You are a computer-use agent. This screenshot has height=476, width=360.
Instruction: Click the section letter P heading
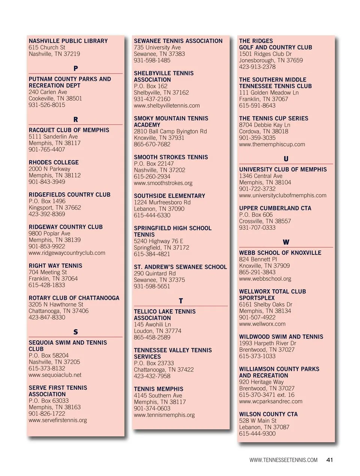click(76, 68)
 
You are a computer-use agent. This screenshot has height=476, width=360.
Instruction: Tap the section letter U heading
click(286, 159)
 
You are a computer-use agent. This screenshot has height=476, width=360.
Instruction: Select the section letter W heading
click(286, 242)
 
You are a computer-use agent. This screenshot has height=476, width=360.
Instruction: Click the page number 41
click(330, 460)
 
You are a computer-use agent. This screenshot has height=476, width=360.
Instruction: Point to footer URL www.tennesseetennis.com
click(283, 460)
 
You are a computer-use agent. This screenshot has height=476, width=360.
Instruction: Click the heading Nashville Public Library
click(68, 41)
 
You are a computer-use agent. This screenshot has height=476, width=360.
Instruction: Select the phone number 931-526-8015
click(47, 105)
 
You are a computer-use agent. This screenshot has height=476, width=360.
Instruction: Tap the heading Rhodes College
click(54, 162)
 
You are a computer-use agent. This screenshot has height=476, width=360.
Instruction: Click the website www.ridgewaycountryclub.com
click(67, 253)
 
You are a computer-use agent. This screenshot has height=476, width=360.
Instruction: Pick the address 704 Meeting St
click(48, 272)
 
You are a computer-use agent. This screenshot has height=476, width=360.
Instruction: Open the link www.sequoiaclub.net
click(55, 375)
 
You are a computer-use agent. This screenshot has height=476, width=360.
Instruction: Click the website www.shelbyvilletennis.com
click(166, 105)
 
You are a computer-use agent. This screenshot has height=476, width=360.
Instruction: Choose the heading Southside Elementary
click(169, 196)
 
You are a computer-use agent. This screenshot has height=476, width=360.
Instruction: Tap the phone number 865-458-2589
click(152, 337)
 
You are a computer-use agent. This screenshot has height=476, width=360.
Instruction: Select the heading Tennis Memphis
click(159, 389)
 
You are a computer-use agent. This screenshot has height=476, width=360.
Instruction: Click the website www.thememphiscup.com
click(272, 144)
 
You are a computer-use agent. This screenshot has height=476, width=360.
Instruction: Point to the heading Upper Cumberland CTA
click(275, 208)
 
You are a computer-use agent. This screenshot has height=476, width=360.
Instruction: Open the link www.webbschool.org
click(265, 278)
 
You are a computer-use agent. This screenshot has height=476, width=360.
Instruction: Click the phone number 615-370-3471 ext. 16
click(267, 395)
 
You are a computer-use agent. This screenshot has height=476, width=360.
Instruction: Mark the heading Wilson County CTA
click(268, 414)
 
